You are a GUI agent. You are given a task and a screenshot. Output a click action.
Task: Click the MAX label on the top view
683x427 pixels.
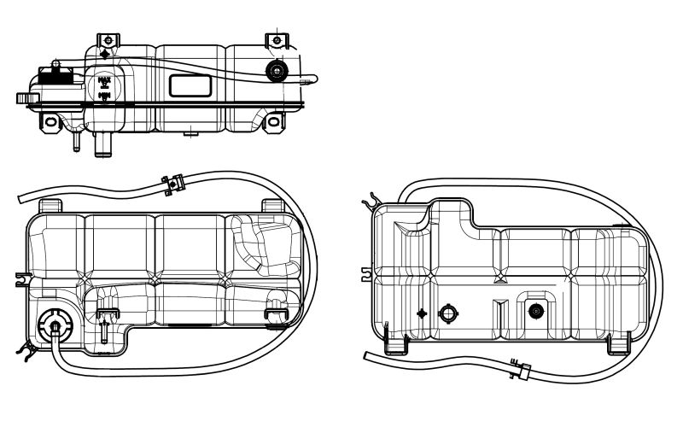pyautogui.click(x=105, y=82)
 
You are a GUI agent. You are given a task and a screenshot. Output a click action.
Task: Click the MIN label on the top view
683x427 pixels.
pyautogui.click(x=105, y=96)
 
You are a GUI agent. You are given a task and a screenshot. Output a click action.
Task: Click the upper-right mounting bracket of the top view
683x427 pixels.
pyautogui.click(x=275, y=41)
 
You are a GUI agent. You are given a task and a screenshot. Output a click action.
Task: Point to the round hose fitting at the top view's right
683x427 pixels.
pyautogui.click(x=276, y=71)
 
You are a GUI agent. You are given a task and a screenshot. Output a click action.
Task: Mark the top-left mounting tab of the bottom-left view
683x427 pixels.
pyautogui.click(x=51, y=206)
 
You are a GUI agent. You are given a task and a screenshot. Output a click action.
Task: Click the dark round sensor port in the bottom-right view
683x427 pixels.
pyautogui.click(x=535, y=310)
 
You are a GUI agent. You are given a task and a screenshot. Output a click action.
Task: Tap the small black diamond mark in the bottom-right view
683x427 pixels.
pyautogui.click(x=421, y=313)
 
